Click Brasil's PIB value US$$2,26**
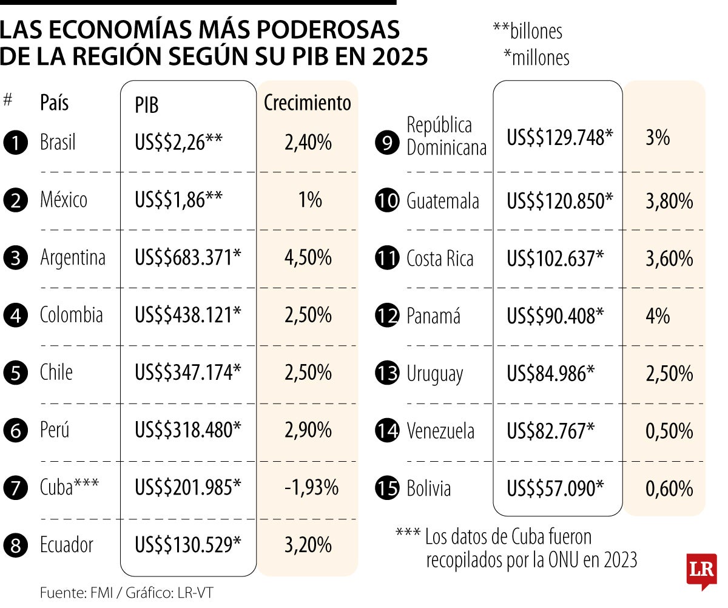tap(179, 143)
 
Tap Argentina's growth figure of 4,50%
tap(308, 258)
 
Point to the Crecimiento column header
tap(308, 103)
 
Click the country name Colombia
tap(72, 315)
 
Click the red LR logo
tap(701, 570)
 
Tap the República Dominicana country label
tap(447, 137)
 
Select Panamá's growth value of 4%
tap(658, 316)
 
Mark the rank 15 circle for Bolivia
tap(387, 489)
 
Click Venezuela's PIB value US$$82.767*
tap(550, 431)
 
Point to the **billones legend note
tap(527, 31)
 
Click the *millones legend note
tap(536, 58)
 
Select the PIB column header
tap(147, 105)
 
